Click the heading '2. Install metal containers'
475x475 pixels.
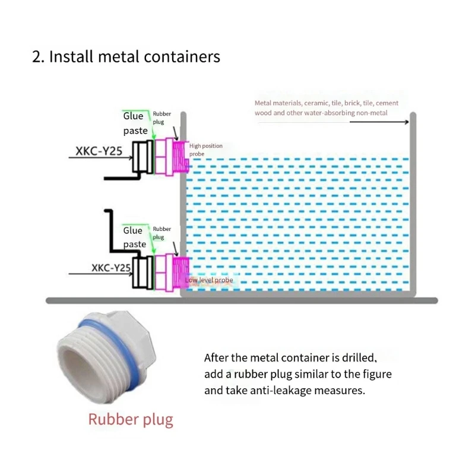tap(126, 57)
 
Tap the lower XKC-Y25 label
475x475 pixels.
tap(111, 268)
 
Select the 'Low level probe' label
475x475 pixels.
tap(208, 280)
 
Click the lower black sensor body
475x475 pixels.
tap(141, 272)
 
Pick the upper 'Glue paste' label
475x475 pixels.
tap(135, 123)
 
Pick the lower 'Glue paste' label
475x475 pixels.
tap(134, 237)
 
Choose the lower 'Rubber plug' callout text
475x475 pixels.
tap(161, 233)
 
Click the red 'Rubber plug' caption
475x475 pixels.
tap(131, 420)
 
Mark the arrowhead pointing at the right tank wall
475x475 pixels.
tap(406, 122)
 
